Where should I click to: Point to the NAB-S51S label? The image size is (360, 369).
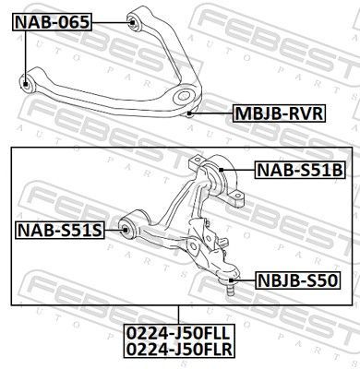pos(58,228)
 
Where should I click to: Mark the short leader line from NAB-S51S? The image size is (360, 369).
pos(112,228)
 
